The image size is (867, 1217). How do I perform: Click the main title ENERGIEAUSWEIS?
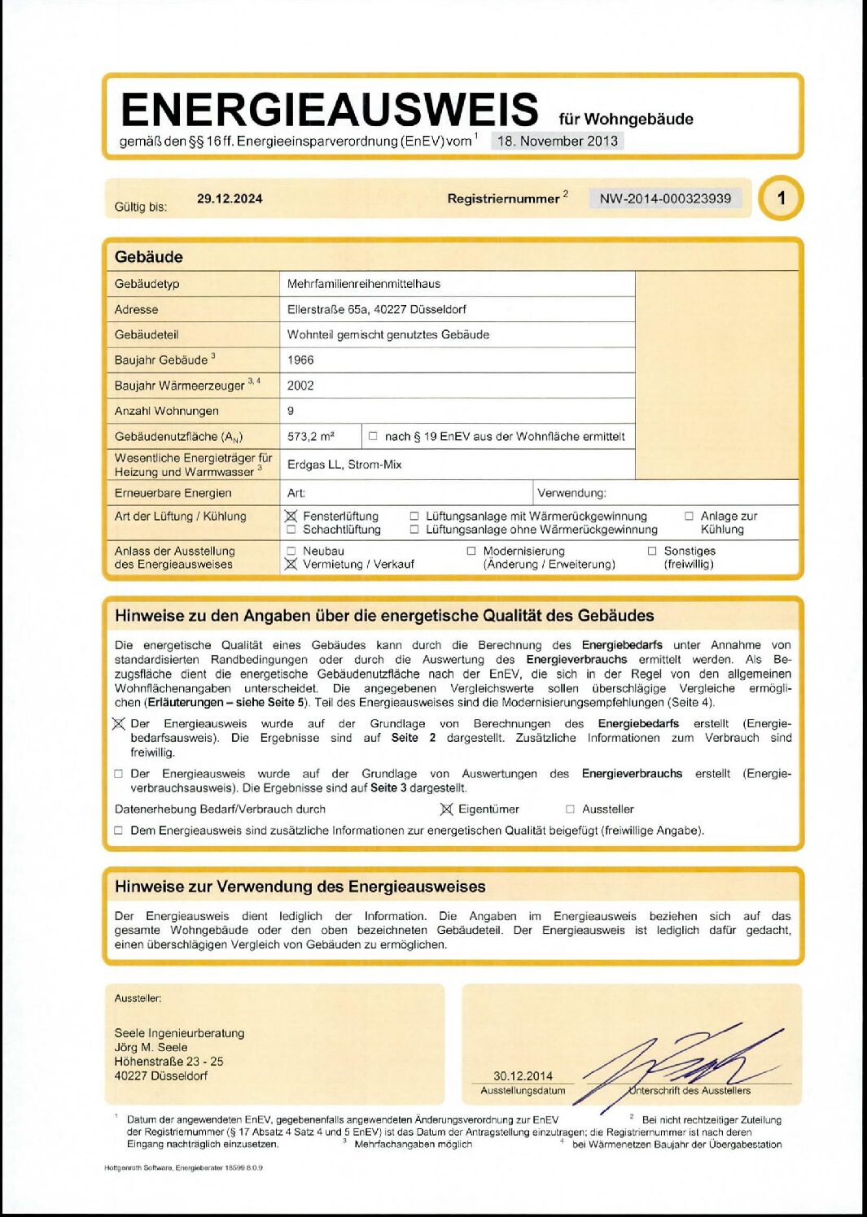pyautogui.click(x=329, y=110)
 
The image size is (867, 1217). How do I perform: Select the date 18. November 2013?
pyautogui.click(x=558, y=141)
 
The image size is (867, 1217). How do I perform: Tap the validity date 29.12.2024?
pyautogui.click(x=230, y=198)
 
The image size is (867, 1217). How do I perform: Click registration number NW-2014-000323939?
pyautogui.click(x=665, y=198)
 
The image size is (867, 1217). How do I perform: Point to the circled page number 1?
pyautogui.click(x=781, y=198)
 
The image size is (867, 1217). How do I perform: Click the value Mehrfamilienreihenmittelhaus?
pyautogui.click(x=363, y=284)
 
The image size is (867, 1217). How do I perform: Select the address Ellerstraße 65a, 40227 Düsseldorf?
pyautogui.click(x=376, y=309)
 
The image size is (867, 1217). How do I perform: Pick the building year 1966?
pyautogui.click(x=300, y=360)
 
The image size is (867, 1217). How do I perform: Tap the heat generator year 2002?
pyautogui.click(x=300, y=386)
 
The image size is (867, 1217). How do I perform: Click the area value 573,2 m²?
pyautogui.click(x=311, y=436)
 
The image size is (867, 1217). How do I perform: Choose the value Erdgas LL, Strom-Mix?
pyautogui.click(x=344, y=465)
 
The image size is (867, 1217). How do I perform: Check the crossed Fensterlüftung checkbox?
pyautogui.click(x=291, y=516)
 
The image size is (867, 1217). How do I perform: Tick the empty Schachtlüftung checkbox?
pyautogui.click(x=291, y=530)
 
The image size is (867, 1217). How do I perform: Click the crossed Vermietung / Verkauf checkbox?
pyautogui.click(x=291, y=564)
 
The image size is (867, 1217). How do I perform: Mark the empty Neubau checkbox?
pyautogui.click(x=291, y=551)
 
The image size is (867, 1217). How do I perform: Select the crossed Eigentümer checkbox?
pyautogui.click(x=446, y=809)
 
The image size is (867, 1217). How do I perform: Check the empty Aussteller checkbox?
pyautogui.click(x=570, y=809)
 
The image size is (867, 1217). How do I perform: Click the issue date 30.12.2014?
pyautogui.click(x=523, y=1075)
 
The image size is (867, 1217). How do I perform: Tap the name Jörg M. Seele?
pyautogui.click(x=151, y=1047)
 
